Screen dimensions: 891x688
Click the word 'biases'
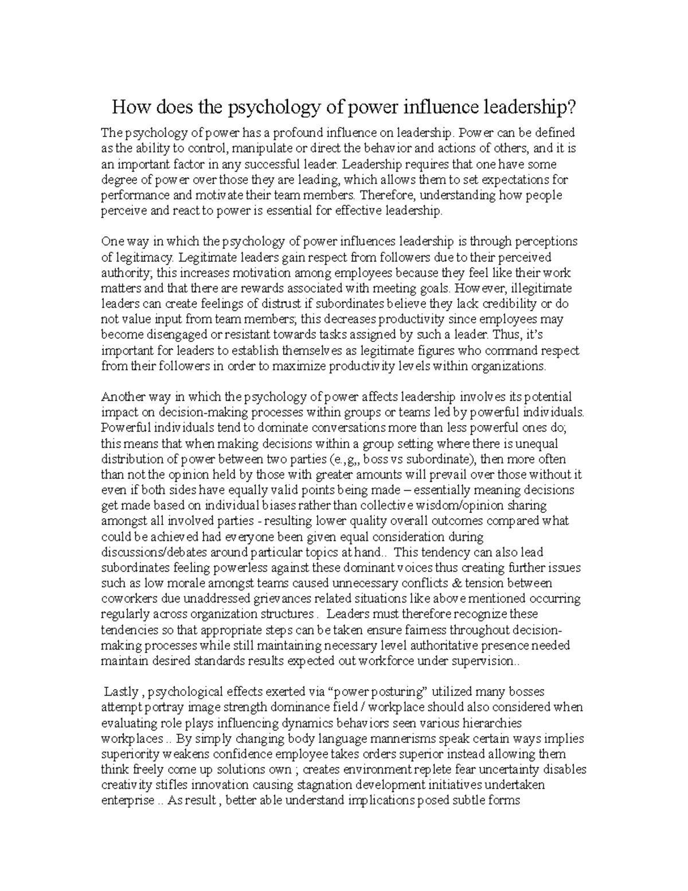coord(283,505)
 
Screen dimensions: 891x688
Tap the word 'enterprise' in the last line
coord(127,800)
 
